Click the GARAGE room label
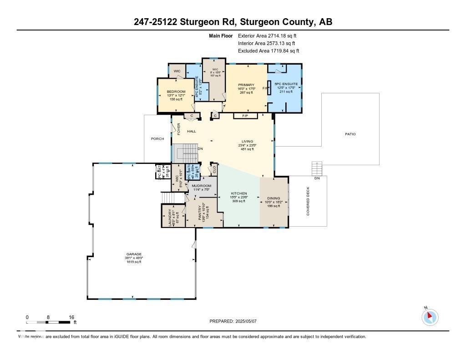point(134,254)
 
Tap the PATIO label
point(350,134)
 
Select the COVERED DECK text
point(308,201)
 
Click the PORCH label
point(157,139)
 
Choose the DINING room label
point(274,198)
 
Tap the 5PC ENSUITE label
point(286,84)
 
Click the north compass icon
point(430,317)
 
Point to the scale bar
point(48,322)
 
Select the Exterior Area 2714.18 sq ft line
point(268,35)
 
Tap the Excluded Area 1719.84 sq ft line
point(268,51)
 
